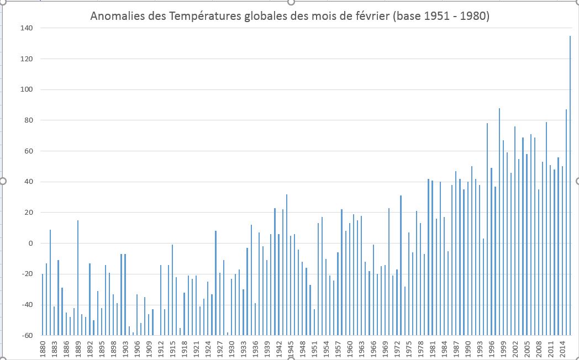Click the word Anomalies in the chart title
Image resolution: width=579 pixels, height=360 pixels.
point(114,17)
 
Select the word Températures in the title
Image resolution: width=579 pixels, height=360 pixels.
point(196,17)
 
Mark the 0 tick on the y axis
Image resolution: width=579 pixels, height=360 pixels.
point(30,243)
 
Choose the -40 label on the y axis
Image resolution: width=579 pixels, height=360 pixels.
point(26,305)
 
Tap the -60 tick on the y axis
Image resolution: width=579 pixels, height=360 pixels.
point(26,335)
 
